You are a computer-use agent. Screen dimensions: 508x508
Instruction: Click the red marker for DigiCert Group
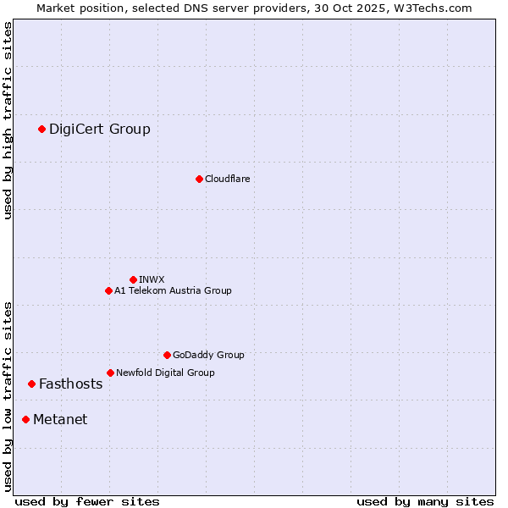pyautogui.click(x=41, y=129)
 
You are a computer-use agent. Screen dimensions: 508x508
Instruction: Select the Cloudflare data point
pyautogui.click(x=199, y=179)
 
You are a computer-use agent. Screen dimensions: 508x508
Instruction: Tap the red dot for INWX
pyautogui.click(x=133, y=279)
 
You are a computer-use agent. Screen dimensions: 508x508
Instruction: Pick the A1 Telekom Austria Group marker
pyautogui.click(x=108, y=290)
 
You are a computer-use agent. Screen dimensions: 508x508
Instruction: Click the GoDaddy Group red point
pyautogui.click(x=167, y=355)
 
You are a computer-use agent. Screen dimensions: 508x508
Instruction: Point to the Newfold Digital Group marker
pyautogui.click(x=110, y=373)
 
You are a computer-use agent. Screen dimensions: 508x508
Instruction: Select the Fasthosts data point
pyautogui.click(x=31, y=384)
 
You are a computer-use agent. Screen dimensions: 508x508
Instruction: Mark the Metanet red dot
pyautogui.click(x=25, y=419)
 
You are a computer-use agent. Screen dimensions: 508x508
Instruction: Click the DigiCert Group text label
pyautogui.click(x=100, y=129)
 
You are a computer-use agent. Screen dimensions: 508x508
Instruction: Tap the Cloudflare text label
pyautogui.click(x=227, y=179)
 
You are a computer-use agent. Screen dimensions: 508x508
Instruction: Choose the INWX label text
pyautogui.click(x=152, y=279)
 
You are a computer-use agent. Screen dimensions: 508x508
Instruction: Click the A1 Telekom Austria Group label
pyautogui.click(x=173, y=290)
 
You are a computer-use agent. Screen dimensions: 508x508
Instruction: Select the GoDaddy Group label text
pyautogui.click(x=208, y=355)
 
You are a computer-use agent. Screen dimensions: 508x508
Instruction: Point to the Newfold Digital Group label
pyautogui.click(x=165, y=373)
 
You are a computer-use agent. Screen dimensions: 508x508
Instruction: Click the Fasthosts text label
pyautogui.click(x=70, y=384)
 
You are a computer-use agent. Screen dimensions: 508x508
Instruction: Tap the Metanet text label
pyautogui.click(x=60, y=419)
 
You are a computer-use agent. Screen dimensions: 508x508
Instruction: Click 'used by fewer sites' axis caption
pyautogui.click(x=87, y=501)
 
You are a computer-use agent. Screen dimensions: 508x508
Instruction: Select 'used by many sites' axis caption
pyautogui.click(x=425, y=501)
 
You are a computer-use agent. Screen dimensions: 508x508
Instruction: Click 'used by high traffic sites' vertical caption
pyautogui.click(x=8, y=120)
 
